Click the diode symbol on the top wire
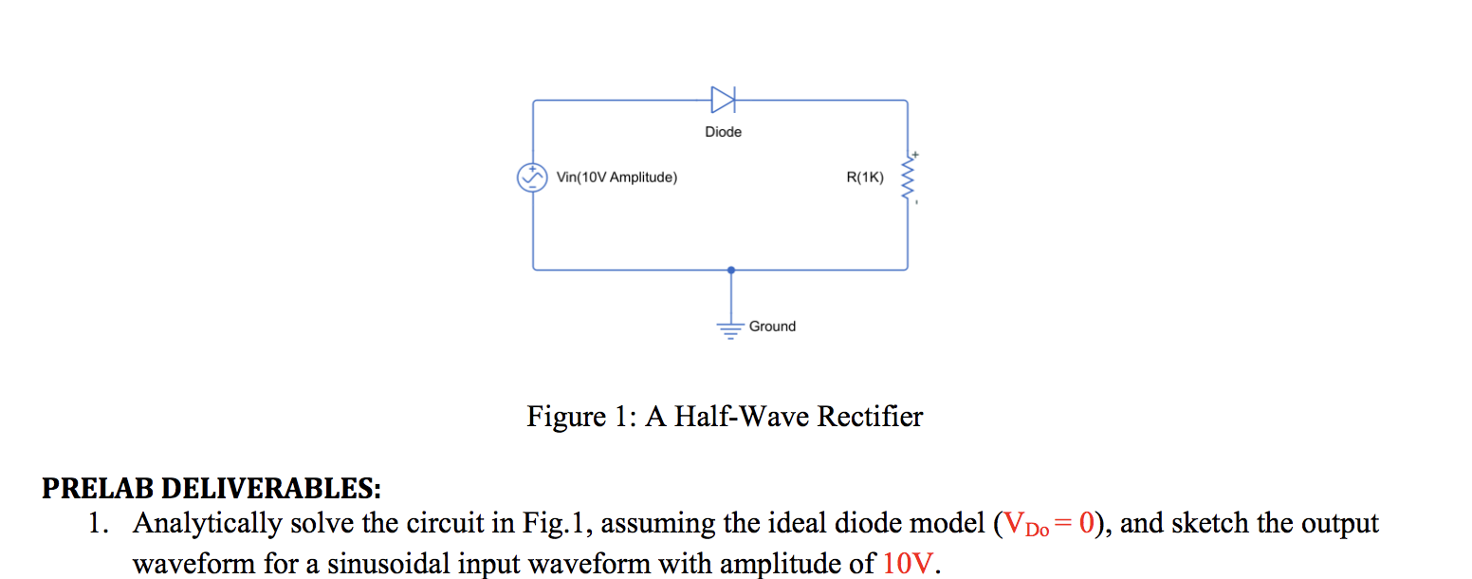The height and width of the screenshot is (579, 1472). [723, 99]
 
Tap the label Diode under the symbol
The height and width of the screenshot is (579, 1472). [723, 132]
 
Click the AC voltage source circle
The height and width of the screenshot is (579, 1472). [532, 177]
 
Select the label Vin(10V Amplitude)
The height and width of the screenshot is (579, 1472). [616, 177]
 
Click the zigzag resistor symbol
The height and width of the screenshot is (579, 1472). [908, 177]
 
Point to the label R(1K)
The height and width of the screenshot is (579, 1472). [864, 177]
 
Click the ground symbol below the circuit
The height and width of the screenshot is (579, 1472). [730, 328]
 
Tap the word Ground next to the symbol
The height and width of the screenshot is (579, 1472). [772, 327]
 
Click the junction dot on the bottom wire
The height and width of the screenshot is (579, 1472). [730, 270]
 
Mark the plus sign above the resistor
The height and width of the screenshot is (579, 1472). [916, 155]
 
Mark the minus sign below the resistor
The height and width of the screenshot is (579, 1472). [916, 200]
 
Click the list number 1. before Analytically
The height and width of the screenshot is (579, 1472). [99, 524]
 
